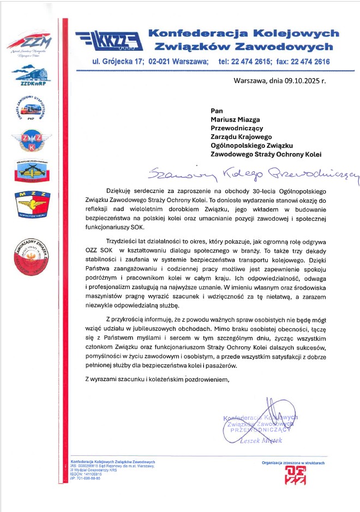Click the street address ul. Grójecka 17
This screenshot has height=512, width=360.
[x=117, y=62]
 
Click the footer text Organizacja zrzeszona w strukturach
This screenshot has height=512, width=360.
[x=293, y=462]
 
